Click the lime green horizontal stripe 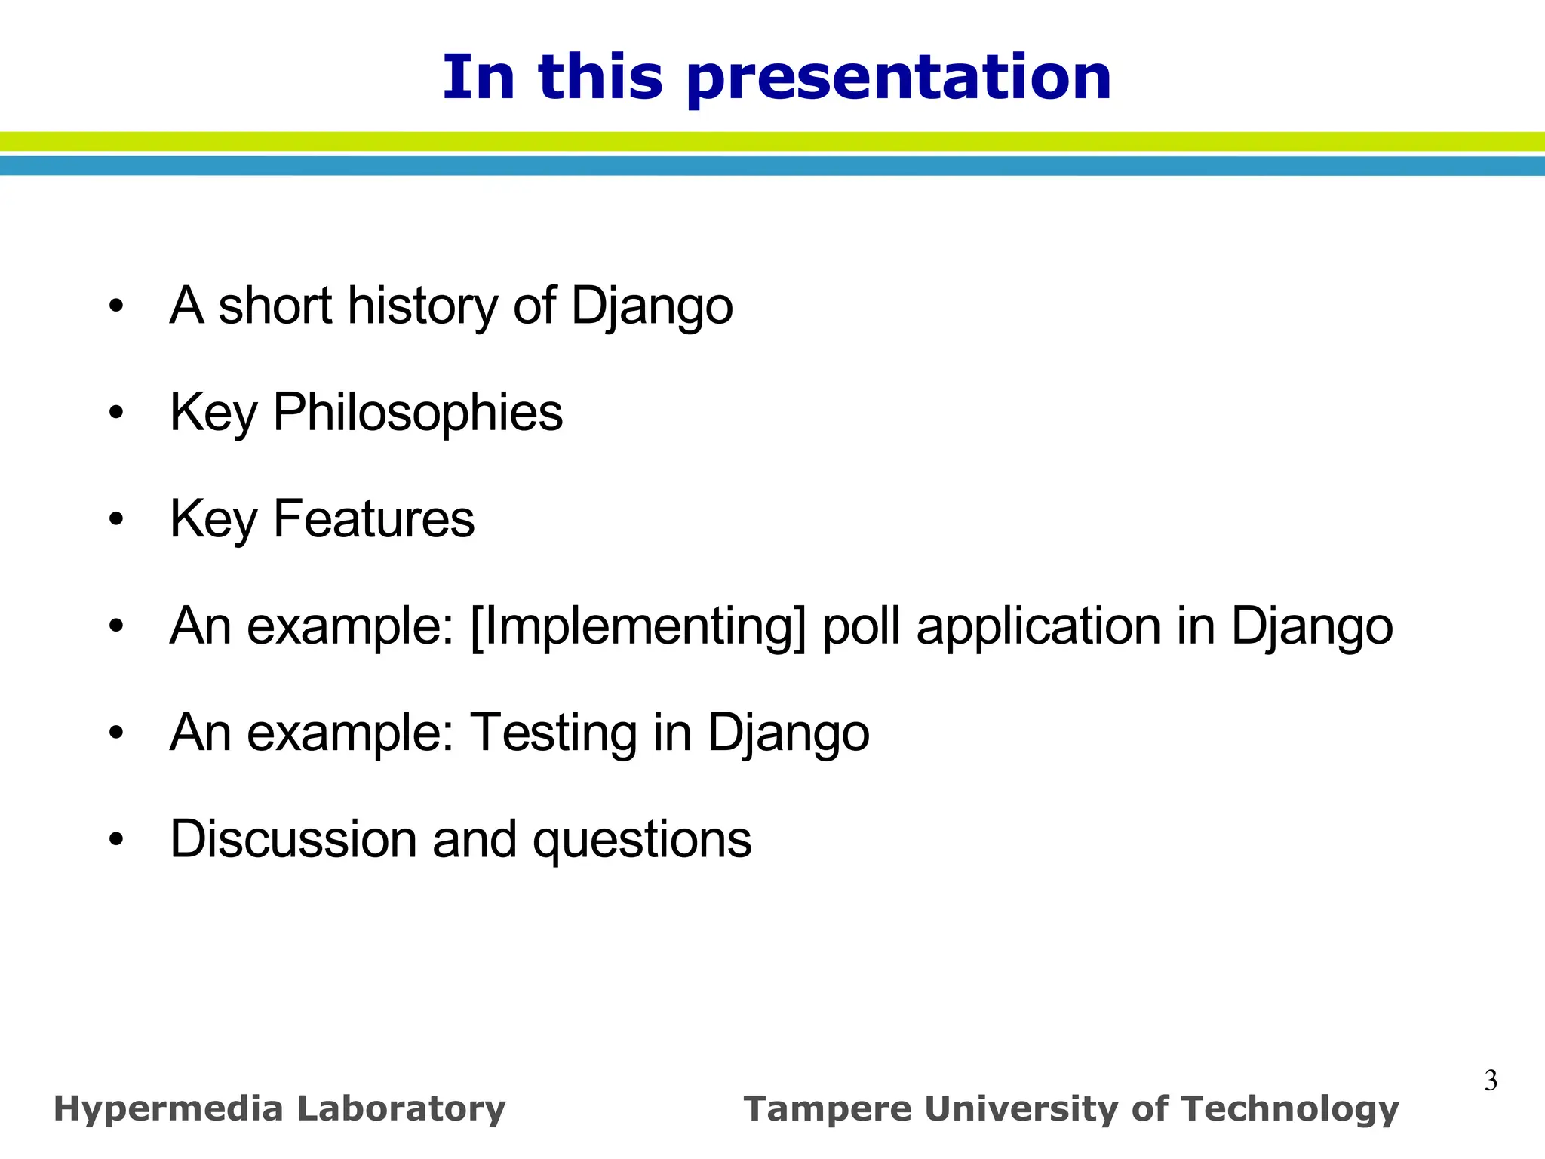click(x=772, y=141)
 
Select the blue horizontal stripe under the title click(x=772, y=166)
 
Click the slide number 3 click(x=1491, y=1081)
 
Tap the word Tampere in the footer click(x=827, y=1109)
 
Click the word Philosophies click(x=417, y=413)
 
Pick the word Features click(x=373, y=519)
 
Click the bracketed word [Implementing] click(x=638, y=626)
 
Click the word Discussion click(x=293, y=839)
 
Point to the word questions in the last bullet click(x=642, y=841)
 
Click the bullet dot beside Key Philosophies click(x=115, y=413)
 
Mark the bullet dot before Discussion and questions click(x=115, y=839)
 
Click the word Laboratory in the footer click(x=401, y=1109)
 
